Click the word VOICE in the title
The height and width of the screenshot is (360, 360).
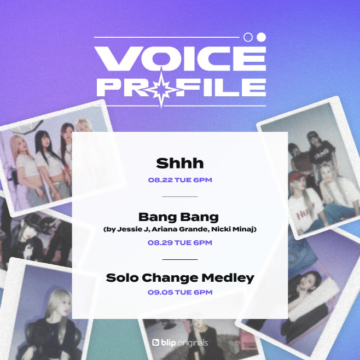180,59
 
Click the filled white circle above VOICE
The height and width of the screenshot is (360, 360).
262,37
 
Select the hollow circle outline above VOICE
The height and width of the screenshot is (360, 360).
248,37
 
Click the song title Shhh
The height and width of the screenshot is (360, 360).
180,163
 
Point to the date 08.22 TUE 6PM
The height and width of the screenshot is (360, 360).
180,180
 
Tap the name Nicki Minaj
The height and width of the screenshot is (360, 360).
233,229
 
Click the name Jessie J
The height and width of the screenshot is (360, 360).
133,229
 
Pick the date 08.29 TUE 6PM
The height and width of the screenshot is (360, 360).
180,243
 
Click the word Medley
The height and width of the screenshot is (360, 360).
228,278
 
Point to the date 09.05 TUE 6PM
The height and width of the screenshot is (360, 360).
180,292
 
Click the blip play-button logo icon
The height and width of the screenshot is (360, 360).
156,342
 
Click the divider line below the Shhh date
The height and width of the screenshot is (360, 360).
180,196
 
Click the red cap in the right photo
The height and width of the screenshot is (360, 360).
297,177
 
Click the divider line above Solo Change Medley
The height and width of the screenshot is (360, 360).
180,259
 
